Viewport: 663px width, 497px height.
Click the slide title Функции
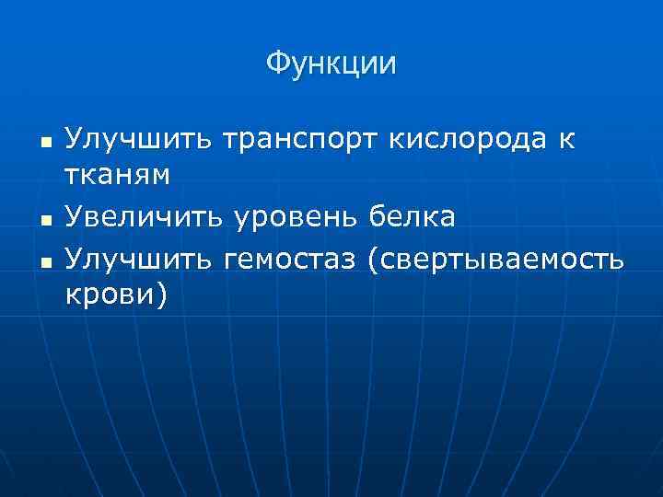pyautogui.click(x=331, y=64)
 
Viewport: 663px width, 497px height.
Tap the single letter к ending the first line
pyautogui.click(x=564, y=140)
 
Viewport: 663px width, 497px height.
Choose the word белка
pyautogui.click(x=412, y=217)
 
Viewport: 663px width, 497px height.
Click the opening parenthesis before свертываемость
pyautogui.click(x=371, y=260)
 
